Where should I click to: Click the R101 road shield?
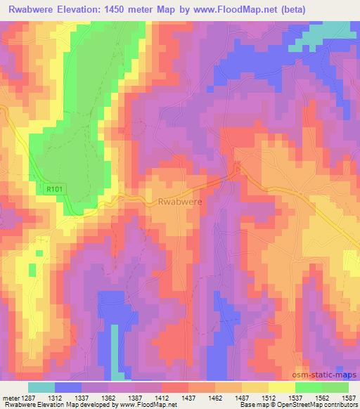click(x=54, y=188)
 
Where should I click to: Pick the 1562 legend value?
click(x=322, y=398)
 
